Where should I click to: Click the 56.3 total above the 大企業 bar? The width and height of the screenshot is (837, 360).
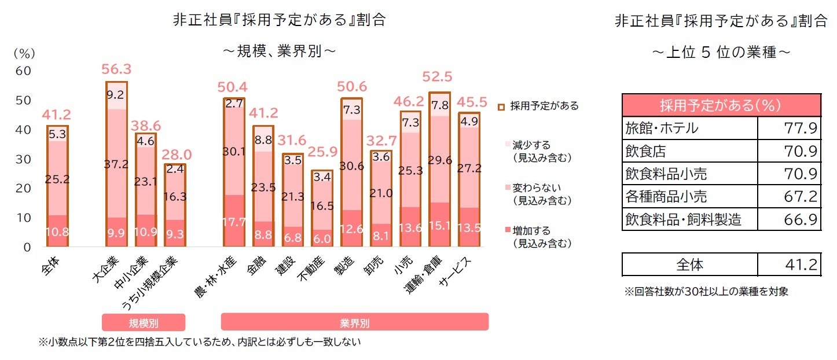coord(116,69)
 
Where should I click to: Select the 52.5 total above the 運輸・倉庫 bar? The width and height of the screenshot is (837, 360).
coord(438,77)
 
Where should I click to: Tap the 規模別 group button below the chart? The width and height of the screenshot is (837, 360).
coord(143,322)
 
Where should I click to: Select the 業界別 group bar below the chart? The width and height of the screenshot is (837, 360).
coord(354,322)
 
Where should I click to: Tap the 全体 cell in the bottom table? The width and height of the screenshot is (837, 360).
coord(690,265)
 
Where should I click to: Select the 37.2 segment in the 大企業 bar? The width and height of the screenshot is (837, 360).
coord(116,164)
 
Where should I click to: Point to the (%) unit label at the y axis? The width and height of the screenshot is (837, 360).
coord(24,53)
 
